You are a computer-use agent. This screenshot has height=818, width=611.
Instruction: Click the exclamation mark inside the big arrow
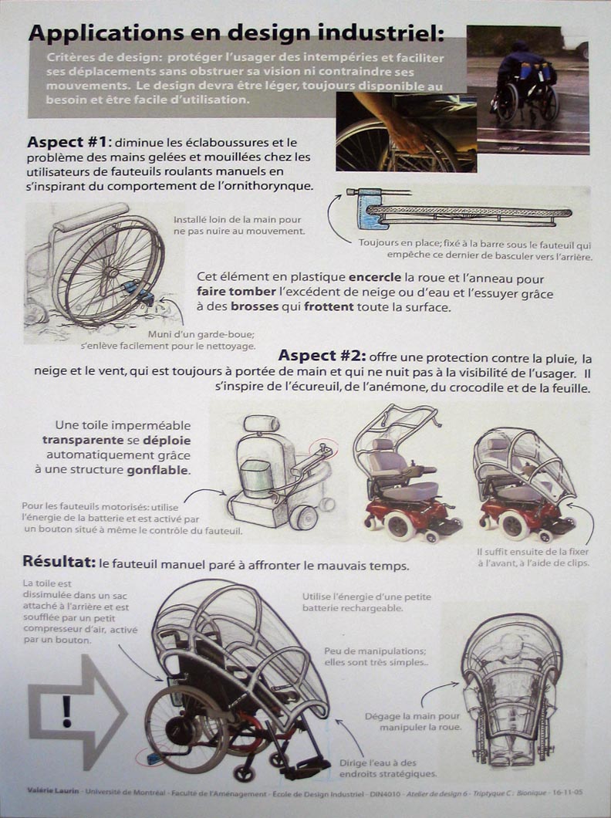(x=66, y=711)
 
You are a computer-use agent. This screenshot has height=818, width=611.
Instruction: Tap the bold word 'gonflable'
(x=158, y=470)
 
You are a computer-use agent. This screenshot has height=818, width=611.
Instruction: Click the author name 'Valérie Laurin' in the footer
(x=53, y=791)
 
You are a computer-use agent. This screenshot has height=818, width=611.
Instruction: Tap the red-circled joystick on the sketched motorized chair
(x=322, y=448)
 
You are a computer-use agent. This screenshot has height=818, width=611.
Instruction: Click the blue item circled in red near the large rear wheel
(x=154, y=758)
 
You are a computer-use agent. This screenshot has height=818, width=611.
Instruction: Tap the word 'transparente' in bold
(x=83, y=441)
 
